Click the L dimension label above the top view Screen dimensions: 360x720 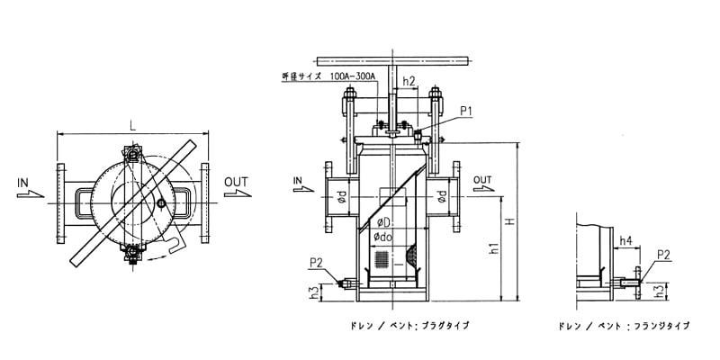[132, 125]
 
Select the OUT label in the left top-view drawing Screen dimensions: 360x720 [236, 182]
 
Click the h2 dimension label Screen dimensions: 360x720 [409, 81]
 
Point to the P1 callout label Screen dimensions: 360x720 [467, 111]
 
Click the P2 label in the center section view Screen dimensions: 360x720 [316, 262]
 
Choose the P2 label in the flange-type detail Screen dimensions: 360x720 [663, 255]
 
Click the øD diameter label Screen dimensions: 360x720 [382, 221]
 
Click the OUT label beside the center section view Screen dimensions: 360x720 [482, 178]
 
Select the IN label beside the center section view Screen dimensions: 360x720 [298, 180]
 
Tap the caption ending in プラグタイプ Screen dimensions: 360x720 [400, 325]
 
